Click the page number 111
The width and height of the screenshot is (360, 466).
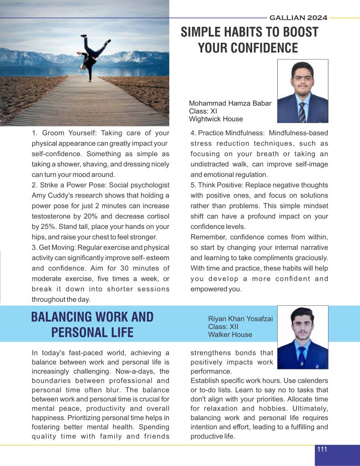point(322,449)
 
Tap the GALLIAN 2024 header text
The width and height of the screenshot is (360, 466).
point(298,18)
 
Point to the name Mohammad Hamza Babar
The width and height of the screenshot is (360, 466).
point(230,103)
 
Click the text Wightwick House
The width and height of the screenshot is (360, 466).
point(216,119)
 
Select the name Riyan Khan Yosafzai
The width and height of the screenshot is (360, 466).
point(240,319)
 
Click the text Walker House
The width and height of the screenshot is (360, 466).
point(230,334)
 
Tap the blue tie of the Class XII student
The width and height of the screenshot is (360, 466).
point(302,355)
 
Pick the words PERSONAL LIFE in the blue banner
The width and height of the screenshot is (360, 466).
point(92,332)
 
